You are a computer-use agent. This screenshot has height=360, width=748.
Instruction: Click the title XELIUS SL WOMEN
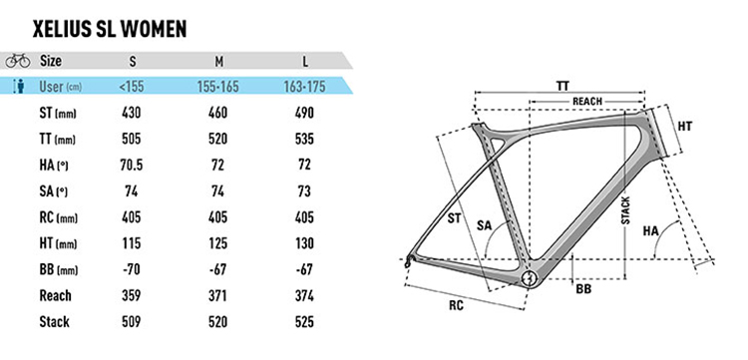(x=110, y=30)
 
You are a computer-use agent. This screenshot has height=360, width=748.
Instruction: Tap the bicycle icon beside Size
(x=18, y=61)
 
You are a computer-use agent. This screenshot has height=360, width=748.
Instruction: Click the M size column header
(x=219, y=62)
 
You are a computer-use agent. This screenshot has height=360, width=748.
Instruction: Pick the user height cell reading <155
(x=132, y=87)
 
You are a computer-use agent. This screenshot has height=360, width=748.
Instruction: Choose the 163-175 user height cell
(x=303, y=87)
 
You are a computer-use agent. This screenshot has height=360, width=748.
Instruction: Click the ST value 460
(x=217, y=113)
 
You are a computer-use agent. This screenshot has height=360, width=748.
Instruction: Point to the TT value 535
(x=304, y=139)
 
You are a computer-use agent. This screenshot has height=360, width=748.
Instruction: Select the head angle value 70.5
(x=132, y=166)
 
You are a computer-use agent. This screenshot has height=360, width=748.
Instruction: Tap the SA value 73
(x=304, y=191)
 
